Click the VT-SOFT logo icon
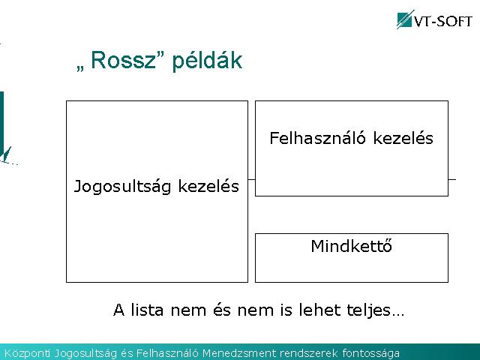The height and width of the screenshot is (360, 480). pos(405,20)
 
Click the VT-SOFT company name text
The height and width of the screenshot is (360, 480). pos(442,22)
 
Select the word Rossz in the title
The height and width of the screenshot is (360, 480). pos(124,60)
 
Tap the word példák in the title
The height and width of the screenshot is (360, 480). pos(207,61)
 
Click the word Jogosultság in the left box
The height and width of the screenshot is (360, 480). pos(122,187)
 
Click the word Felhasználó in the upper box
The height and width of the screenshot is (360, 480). pos(317,138)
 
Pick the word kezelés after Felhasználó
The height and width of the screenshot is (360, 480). pos(403,138)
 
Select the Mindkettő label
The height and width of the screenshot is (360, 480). pos(352,246)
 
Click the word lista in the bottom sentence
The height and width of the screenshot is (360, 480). pos(147,310)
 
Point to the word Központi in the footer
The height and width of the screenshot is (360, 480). pos(27,353)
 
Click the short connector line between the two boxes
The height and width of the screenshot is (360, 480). pos(251,179)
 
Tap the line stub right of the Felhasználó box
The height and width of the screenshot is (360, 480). pos(452,179)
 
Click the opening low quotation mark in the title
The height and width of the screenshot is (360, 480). pos(80,68)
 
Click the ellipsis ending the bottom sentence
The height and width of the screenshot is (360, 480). pos(398,314)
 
